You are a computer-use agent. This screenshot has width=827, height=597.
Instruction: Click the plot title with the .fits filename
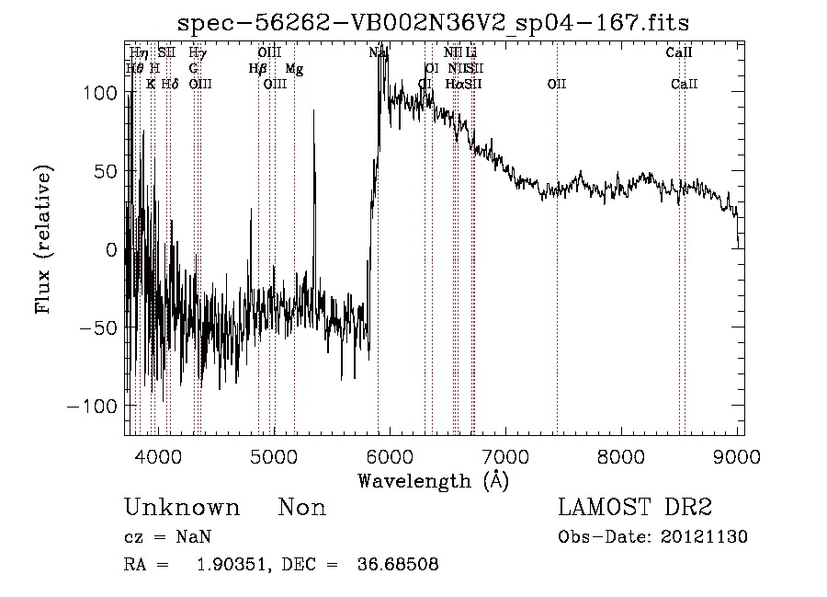point(433,21)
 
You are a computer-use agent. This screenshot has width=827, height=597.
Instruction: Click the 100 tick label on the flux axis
point(98,93)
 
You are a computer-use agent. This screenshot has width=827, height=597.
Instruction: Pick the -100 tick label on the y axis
point(93,406)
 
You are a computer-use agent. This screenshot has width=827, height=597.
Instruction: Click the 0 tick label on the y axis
point(110,249)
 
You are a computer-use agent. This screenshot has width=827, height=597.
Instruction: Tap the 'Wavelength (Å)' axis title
point(433,480)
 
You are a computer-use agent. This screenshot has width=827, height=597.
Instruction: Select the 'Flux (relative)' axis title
point(44,239)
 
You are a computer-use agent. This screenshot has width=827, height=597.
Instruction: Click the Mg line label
point(294,69)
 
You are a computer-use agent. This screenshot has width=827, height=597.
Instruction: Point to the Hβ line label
point(257,69)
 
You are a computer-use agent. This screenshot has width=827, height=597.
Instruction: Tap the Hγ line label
point(198,53)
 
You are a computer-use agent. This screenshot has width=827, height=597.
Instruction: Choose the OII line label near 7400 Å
point(557,85)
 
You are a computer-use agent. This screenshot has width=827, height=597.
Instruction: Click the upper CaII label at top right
point(678,53)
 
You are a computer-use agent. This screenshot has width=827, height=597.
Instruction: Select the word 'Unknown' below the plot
point(182,508)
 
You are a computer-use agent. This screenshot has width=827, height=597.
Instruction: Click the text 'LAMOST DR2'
point(634,508)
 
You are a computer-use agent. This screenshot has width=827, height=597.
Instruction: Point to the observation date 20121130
point(708,537)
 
